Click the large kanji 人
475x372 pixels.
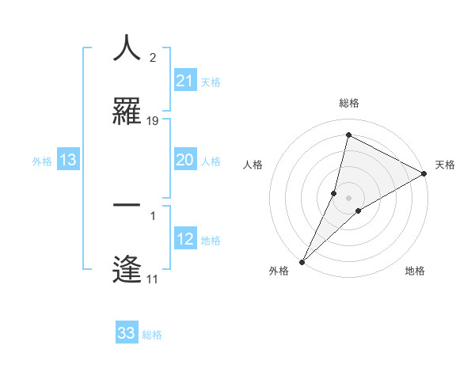(127, 48)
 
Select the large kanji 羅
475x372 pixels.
(127, 112)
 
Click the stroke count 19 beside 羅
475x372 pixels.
(153, 121)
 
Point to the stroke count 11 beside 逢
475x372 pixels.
(153, 279)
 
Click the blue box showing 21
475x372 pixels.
(184, 81)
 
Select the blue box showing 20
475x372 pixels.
(184, 160)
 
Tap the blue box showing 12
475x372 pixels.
(184, 239)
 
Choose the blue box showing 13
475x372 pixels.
(68, 161)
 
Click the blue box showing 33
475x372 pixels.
(127, 333)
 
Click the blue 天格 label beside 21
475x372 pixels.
(211, 82)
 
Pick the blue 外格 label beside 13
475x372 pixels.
(42, 161)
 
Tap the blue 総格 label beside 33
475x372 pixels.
(152, 335)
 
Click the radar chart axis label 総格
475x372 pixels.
(349, 104)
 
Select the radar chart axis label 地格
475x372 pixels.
(415, 271)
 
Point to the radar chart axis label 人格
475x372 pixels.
(253, 165)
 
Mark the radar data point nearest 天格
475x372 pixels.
(424, 174)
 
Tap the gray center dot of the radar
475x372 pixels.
(349, 198)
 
